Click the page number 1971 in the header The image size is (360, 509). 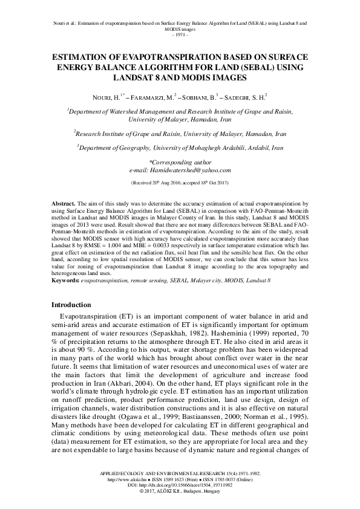[x=179, y=34]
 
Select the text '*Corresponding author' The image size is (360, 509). [x=180, y=163]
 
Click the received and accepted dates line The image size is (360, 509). [x=180, y=182]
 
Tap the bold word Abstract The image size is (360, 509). [x=63, y=206]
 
